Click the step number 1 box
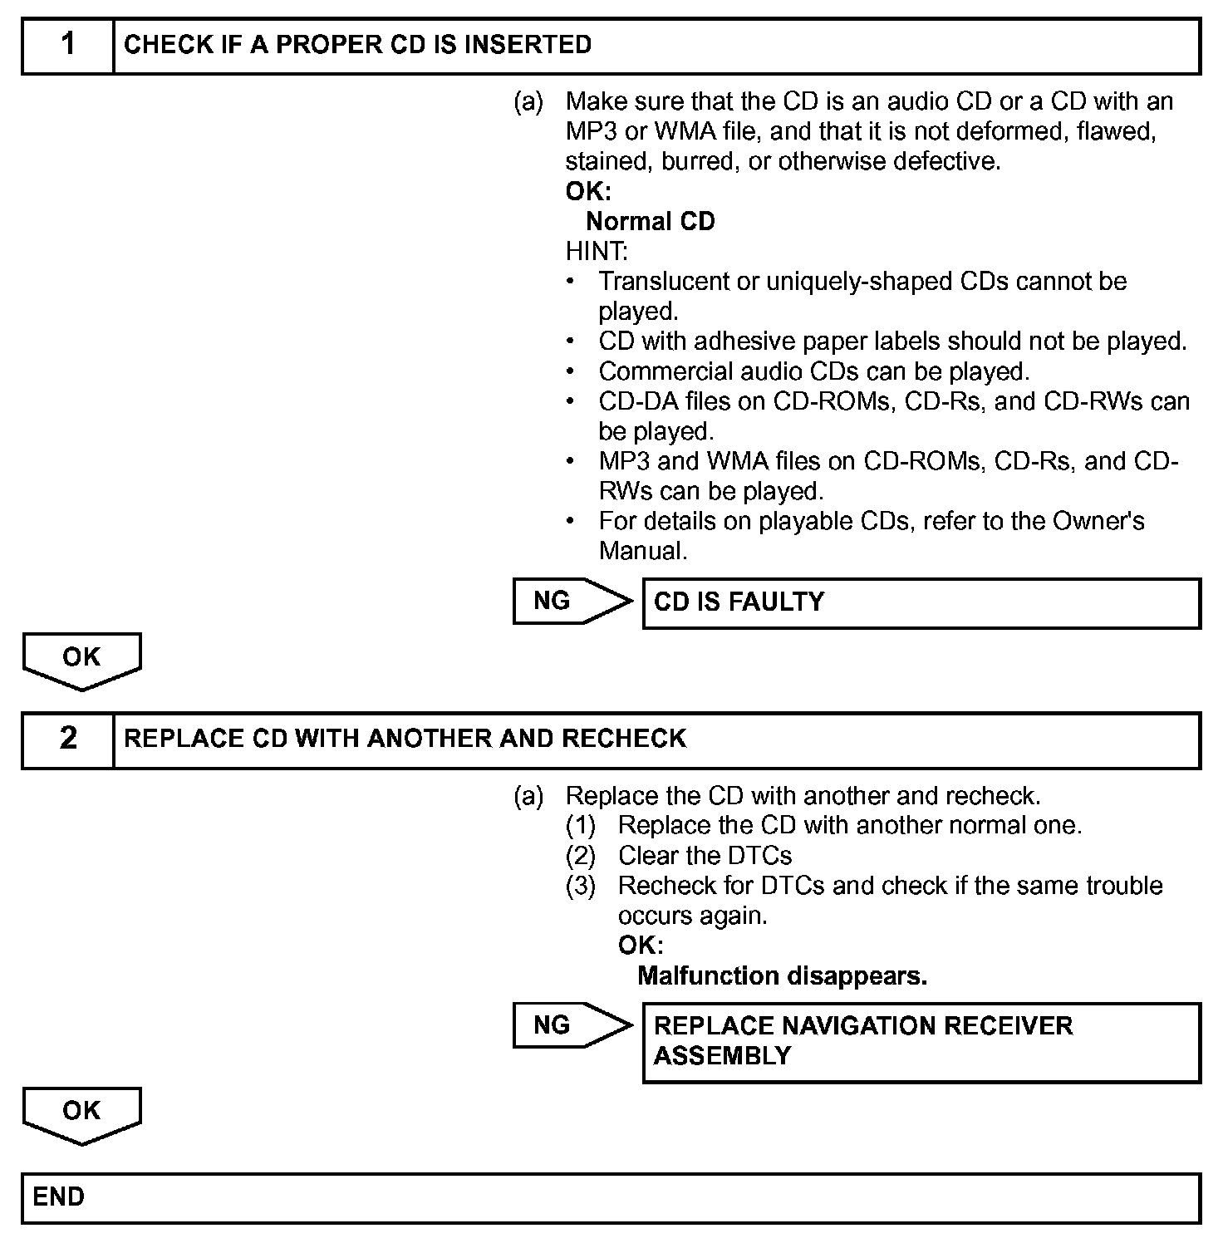coord(68,45)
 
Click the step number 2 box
coord(68,739)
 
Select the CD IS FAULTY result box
coord(921,602)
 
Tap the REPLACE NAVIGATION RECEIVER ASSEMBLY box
coord(921,1042)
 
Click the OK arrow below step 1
coord(81,660)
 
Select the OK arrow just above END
coord(81,1113)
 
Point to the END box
coord(611,1197)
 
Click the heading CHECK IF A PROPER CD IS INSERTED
coord(357,45)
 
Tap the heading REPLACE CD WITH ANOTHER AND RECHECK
coord(405,739)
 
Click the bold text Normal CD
coord(650,222)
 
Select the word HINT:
coord(597,251)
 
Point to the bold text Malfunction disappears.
coord(782,975)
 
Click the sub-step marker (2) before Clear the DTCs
coord(581,856)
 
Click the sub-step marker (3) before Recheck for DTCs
coord(581,886)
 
